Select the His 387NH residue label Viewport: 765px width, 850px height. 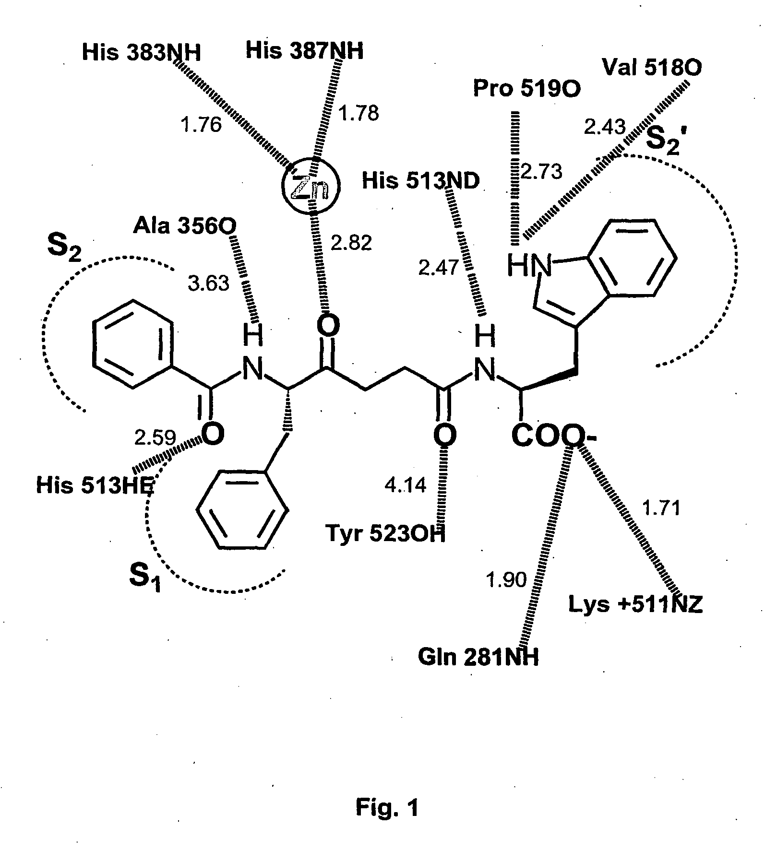(x=305, y=50)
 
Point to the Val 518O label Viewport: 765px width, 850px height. (x=652, y=68)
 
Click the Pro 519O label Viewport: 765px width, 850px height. (x=527, y=89)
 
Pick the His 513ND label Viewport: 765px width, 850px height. (x=420, y=181)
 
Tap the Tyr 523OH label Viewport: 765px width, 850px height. (x=385, y=533)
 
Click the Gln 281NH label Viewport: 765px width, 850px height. (x=478, y=658)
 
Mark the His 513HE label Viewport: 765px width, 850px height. (x=96, y=486)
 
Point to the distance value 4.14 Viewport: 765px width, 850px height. (x=406, y=486)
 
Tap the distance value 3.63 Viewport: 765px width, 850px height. (x=208, y=283)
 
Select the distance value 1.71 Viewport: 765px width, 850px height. (x=661, y=508)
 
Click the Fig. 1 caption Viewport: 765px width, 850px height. (x=387, y=808)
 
